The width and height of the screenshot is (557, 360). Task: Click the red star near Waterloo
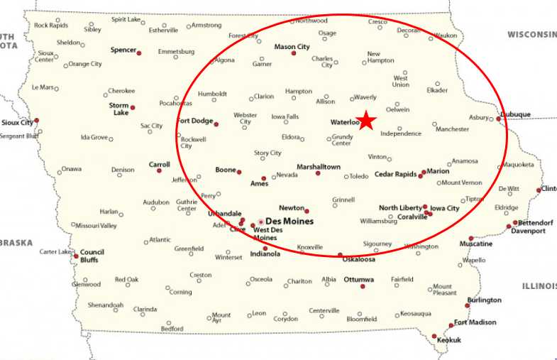pyautogui.click(x=366, y=120)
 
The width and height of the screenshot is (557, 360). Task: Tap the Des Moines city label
pyautogui.click(x=289, y=222)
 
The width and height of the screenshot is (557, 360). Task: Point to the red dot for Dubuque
pyautogui.click(x=499, y=119)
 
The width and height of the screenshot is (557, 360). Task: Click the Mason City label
pyautogui.click(x=292, y=47)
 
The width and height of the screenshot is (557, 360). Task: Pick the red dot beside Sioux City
pyautogui.click(x=36, y=120)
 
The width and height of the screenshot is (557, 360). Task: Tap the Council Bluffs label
pyautogui.click(x=92, y=256)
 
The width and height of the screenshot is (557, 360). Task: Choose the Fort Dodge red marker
pyautogui.click(x=216, y=124)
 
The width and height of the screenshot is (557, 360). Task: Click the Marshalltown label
pyautogui.click(x=319, y=167)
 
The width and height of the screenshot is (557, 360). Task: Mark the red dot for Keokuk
pyautogui.click(x=435, y=336)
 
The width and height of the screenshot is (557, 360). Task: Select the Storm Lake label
pyautogui.click(x=118, y=109)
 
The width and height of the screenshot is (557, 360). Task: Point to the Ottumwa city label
pyautogui.click(x=358, y=279)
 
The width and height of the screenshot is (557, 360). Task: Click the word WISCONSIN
pyautogui.click(x=531, y=34)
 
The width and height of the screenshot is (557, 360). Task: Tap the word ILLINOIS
pyautogui.click(x=539, y=285)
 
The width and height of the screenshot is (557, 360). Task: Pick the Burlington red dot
pyautogui.click(x=467, y=305)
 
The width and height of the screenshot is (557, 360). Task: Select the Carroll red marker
pyautogui.click(x=160, y=170)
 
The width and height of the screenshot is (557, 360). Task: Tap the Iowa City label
pyautogui.click(x=445, y=208)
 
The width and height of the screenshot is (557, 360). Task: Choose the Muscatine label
pyautogui.click(x=475, y=244)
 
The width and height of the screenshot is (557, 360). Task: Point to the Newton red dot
pyautogui.click(x=307, y=211)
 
